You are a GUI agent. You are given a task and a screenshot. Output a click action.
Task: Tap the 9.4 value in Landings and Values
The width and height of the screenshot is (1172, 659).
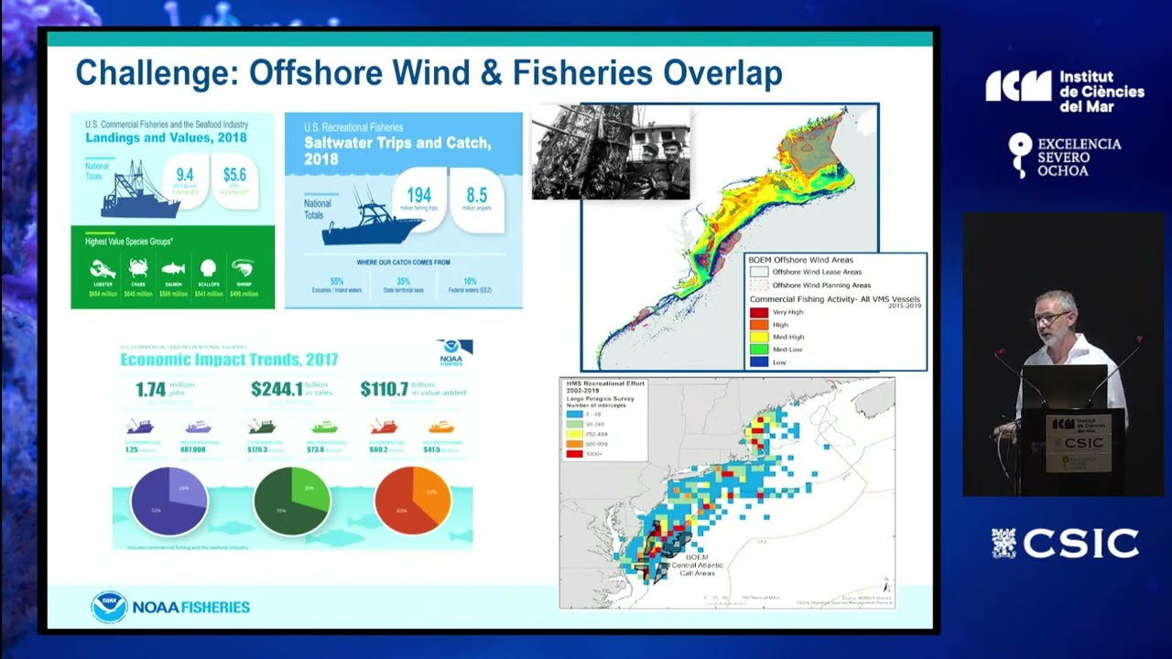pyautogui.click(x=184, y=174)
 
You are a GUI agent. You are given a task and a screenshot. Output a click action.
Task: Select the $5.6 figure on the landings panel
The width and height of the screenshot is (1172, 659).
pyautogui.click(x=234, y=174)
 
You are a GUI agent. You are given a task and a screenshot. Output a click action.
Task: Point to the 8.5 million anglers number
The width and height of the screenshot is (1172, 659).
pyautogui.click(x=476, y=195)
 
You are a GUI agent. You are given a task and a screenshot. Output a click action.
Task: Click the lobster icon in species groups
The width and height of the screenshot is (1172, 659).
pyautogui.click(x=103, y=269)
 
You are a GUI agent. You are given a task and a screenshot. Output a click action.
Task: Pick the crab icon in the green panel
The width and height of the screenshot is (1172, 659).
pyautogui.click(x=138, y=269)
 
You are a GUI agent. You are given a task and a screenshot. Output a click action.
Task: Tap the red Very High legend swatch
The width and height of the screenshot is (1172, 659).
pyautogui.click(x=759, y=312)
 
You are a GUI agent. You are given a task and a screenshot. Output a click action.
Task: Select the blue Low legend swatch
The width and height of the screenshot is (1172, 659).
pyautogui.click(x=759, y=362)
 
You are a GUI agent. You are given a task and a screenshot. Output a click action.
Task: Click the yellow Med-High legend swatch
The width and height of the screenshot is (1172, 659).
pyautogui.click(x=759, y=337)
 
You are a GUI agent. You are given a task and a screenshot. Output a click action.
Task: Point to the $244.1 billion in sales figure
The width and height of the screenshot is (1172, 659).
pyautogui.click(x=277, y=389)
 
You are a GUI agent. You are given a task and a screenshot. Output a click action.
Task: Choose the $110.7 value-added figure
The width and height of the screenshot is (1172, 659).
pyautogui.click(x=385, y=389)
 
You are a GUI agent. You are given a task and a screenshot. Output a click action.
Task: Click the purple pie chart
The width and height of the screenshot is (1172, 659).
pyautogui.click(x=169, y=500)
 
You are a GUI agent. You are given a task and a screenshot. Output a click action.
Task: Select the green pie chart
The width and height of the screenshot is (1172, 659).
pyautogui.click(x=291, y=500)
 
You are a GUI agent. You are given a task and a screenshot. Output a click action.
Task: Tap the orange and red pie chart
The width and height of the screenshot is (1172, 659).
pyautogui.click(x=413, y=500)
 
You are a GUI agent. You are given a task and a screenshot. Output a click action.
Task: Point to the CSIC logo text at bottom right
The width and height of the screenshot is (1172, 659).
pyautogui.click(x=1080, y=543)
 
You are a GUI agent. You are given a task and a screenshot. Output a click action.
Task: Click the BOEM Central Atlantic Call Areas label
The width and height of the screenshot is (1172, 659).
pyautogui.click(x=697, y=565)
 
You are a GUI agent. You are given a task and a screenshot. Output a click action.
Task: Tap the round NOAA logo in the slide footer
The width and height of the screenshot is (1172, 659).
pyautogui.click(x=109, y=607)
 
